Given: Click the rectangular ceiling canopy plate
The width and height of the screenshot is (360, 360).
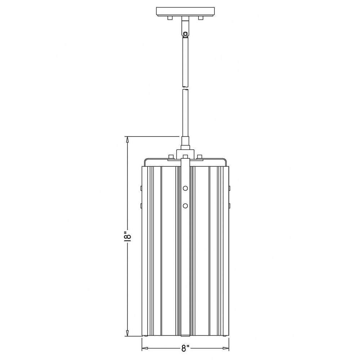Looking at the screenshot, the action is (185, 12).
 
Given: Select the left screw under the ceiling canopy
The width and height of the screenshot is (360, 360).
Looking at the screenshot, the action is (170, 18).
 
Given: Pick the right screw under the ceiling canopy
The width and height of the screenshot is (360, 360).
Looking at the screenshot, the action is (201, 18).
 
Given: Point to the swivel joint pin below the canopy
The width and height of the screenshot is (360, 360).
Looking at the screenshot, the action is (185, 34).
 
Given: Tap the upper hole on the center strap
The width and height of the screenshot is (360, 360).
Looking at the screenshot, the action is (185, 188).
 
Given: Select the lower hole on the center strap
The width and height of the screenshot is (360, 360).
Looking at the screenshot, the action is (185, 206).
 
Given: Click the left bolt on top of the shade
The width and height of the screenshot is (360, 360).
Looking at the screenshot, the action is (171, 157).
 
